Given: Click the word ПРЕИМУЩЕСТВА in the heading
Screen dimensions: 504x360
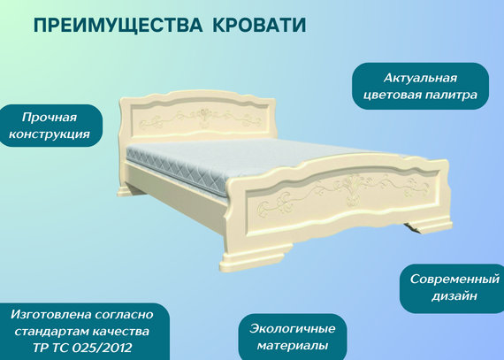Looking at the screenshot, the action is (118, 25).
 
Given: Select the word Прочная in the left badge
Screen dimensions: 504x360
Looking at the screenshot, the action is (50, 118).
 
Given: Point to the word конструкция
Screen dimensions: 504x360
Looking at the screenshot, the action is (50, 134).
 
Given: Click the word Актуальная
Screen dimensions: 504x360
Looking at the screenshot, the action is (420, 78).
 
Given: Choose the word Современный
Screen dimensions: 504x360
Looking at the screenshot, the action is (454, 279).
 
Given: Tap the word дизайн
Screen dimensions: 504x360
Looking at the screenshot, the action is (454, 296).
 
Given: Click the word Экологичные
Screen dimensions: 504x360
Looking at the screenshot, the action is (293, 329).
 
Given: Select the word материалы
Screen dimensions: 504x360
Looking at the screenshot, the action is (293, 346).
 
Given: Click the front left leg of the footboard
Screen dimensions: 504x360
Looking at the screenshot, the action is (254, 257).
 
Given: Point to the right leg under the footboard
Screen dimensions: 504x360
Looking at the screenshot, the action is (427, 224).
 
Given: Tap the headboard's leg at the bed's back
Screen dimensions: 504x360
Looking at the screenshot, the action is (127, 189).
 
